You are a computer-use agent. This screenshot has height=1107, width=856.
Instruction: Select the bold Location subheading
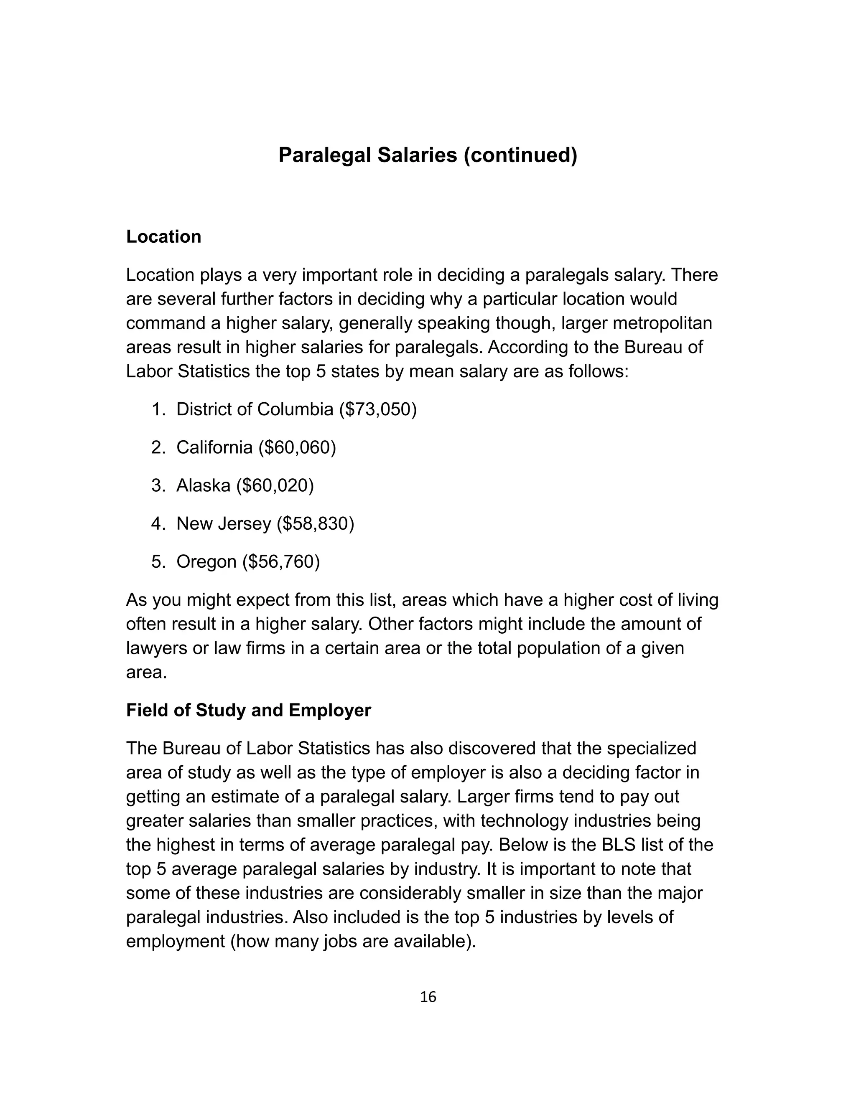(x=163, y=237)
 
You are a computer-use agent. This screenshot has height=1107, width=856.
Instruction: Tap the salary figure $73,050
(x=378, y=409)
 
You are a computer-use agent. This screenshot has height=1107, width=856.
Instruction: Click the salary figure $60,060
(x=297, y=447)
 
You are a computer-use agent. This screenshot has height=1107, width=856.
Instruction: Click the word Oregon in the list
(x=206, y=561)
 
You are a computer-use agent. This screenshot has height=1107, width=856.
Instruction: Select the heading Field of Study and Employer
(x=249, y=710)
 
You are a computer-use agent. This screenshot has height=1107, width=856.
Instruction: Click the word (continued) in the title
(x=520, y=155)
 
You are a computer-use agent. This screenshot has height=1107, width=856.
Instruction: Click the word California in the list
(x=214, y=447)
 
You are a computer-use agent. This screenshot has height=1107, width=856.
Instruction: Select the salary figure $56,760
(x=281, y=561)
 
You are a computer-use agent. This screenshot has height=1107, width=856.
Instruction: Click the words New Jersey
(x=223, y=523)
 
